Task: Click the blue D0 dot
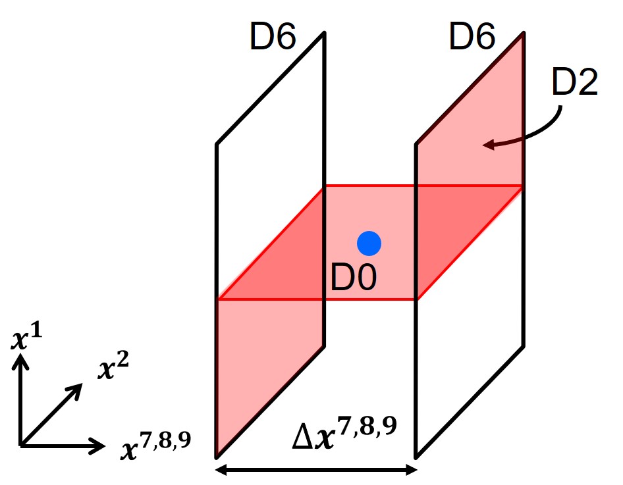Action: pyautogui.click(x=369, y=243)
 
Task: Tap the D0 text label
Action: pyautogui.click(x=354, y=278)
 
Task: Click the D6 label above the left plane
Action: pyautogui.click(x=273, y=39)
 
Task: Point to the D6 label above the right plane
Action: pyautogui.click(x=472, y=38)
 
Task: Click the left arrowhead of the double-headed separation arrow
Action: pyautogui.click(x=222, y=470)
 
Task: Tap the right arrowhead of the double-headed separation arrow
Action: pyautogui.click(x=411, y=470)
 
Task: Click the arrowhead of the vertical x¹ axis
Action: pyautogui.click(x=22, y=359)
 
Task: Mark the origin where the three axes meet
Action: pyautogui.click(x=22, y=446)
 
